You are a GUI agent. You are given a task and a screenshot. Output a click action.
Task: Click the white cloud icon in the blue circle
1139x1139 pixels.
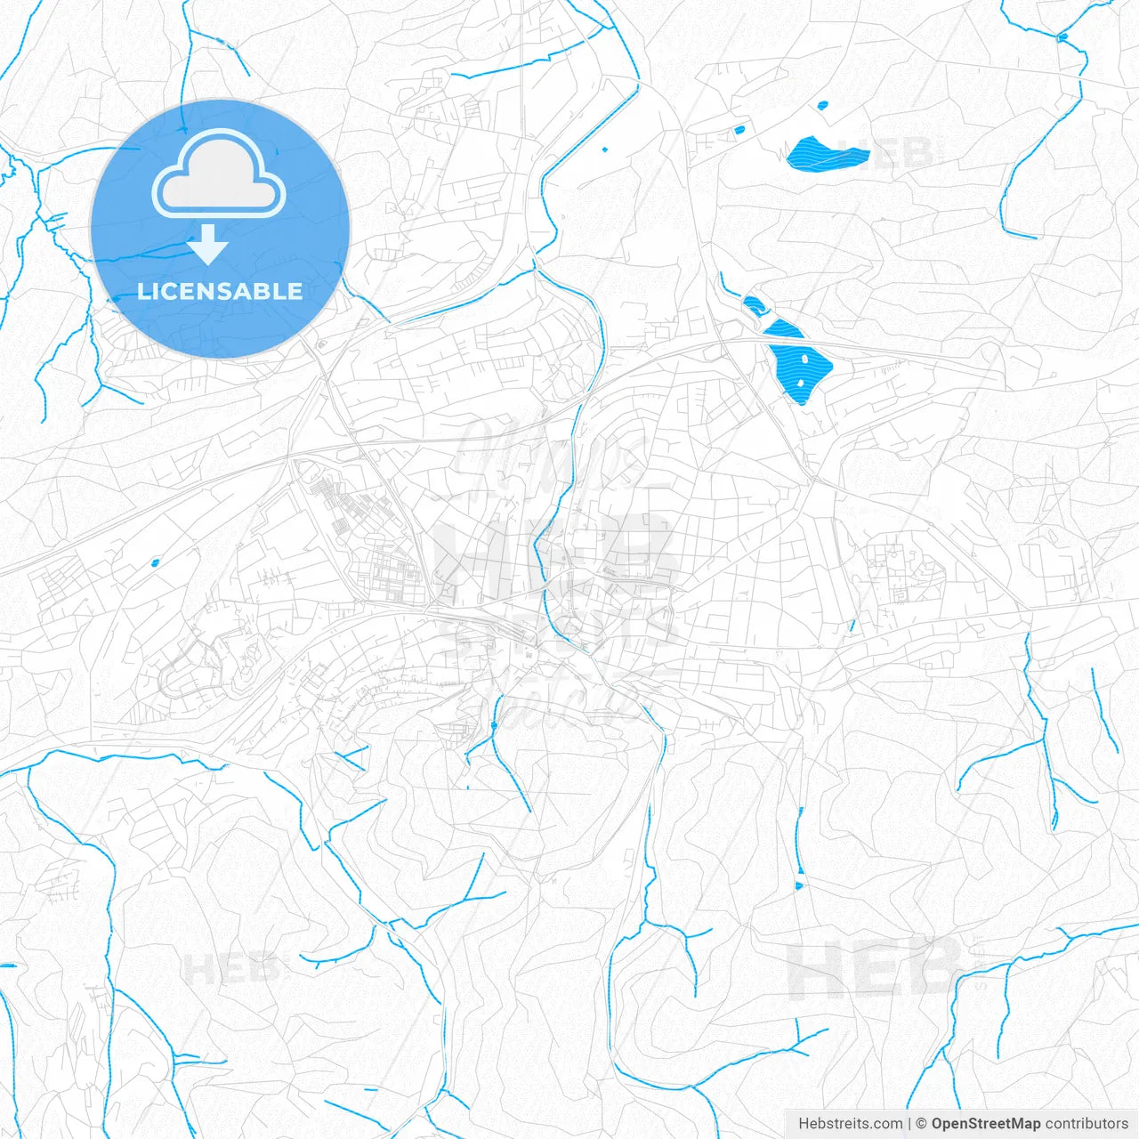tap(219, 174)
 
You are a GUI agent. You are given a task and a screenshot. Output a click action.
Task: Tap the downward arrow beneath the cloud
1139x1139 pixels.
tap(208, 244)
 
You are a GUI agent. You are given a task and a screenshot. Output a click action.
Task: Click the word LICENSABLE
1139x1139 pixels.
tap(220, 291)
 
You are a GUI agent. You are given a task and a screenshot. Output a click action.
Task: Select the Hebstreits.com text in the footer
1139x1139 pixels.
tap(850, 1124)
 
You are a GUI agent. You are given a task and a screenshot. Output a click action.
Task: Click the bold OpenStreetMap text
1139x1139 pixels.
tap(985, 1124)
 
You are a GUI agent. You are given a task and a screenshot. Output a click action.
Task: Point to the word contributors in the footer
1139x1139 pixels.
tap(1086, 1124)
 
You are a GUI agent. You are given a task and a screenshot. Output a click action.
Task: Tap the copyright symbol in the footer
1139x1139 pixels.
tap(921, 1124)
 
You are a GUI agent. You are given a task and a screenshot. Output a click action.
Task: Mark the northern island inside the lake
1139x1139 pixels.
tap(804, 358)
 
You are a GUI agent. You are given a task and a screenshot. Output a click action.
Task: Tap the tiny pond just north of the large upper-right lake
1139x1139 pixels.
tap(822, 104)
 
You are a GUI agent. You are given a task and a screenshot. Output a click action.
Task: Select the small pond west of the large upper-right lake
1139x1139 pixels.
tap(739, 130)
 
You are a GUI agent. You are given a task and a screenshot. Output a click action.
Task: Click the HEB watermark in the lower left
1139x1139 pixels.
tap(230, 968)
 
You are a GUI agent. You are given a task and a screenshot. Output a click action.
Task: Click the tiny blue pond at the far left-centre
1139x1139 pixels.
tap(155, 561)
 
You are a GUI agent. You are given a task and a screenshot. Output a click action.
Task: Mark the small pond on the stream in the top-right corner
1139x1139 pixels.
tap(1061, 37)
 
